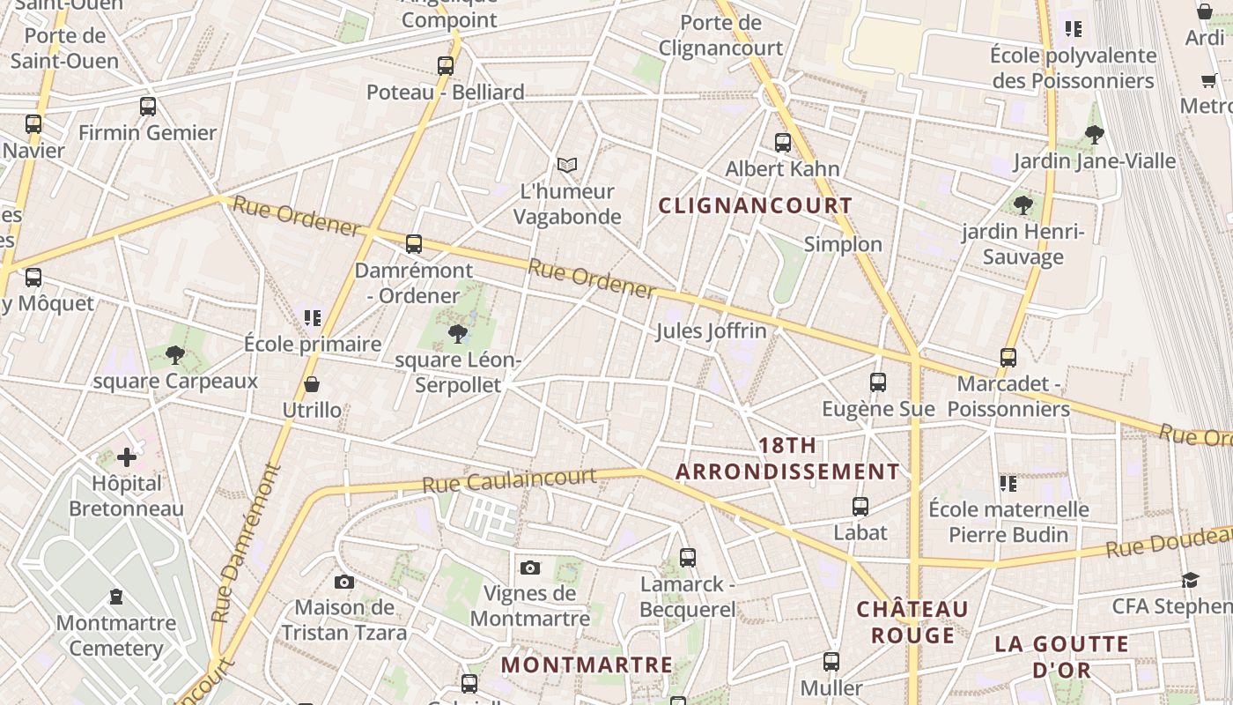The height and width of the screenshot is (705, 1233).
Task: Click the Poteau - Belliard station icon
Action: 446,65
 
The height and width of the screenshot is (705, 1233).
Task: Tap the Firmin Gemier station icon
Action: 148,107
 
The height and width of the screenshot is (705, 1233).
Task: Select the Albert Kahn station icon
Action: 782,142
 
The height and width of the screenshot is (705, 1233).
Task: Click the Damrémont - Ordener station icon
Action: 414,244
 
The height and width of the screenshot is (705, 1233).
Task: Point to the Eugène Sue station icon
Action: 878,382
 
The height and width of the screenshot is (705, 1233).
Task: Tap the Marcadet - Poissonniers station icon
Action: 1008,358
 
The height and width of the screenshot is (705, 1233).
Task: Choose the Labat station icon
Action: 860,507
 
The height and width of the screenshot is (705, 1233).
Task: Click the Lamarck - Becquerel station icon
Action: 688,558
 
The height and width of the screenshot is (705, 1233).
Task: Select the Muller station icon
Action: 831,661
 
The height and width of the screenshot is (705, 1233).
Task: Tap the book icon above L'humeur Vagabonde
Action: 567,165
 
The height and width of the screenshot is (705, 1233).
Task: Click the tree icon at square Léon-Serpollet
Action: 457,333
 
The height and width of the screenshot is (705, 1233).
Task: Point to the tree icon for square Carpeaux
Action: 175,355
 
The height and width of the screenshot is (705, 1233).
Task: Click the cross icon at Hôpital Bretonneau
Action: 127,457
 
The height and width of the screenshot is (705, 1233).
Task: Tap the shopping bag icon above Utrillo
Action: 312,384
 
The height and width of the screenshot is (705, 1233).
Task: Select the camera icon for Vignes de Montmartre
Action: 529,568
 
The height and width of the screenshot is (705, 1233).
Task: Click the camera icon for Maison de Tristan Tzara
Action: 344,582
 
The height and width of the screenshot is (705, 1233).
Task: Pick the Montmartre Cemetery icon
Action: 116,597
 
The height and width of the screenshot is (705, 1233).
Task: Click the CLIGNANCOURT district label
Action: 756,206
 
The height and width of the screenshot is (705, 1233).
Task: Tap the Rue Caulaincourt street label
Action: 509,481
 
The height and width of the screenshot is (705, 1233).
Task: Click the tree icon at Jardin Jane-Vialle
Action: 1095,135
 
